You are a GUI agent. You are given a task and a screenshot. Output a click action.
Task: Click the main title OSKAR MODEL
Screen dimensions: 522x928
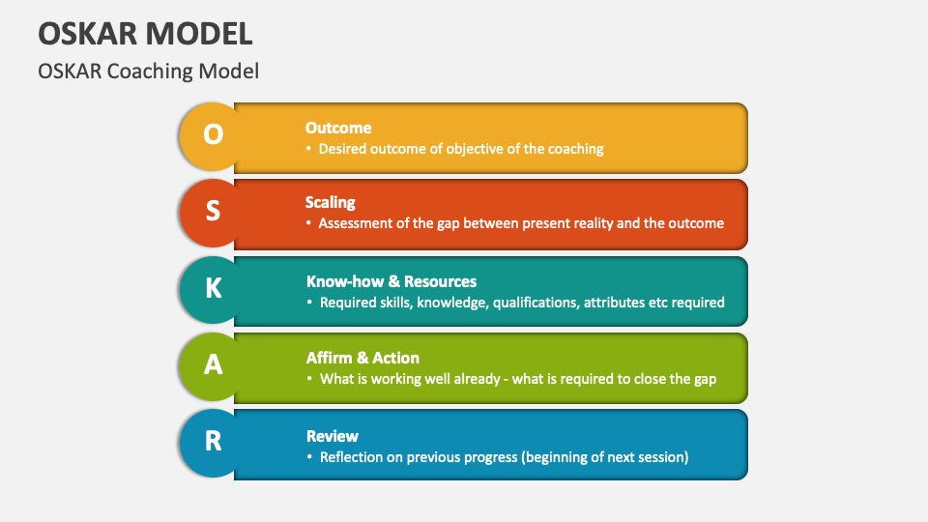tap(145, 33)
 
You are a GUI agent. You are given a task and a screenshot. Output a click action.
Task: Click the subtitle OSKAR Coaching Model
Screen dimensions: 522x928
tap(148, 71)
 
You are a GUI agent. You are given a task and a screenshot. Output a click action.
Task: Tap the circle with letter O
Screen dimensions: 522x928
tap(213, 134)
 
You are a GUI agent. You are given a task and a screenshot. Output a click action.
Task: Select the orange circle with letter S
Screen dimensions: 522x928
tap(213, 211)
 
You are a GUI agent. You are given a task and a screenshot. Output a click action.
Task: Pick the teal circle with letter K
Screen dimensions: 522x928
tap(213, 288)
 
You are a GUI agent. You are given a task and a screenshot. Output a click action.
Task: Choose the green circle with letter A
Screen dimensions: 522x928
tap(213, 364)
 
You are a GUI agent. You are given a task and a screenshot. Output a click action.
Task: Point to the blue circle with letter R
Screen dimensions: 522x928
tap(213, 441)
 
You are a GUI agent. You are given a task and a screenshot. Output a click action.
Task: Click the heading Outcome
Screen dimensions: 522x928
tap(338, 128)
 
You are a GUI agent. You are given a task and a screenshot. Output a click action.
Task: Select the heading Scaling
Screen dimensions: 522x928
tap(331, 203)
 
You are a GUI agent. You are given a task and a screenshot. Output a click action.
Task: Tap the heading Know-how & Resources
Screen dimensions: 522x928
tap(391, 281)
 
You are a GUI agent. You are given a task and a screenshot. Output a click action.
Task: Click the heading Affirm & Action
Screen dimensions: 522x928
tap(362, 358)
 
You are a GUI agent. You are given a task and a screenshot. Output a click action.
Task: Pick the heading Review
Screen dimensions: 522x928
tap(333, 436)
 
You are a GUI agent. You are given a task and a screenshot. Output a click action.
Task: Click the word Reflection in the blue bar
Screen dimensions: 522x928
tap(355, 457)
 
